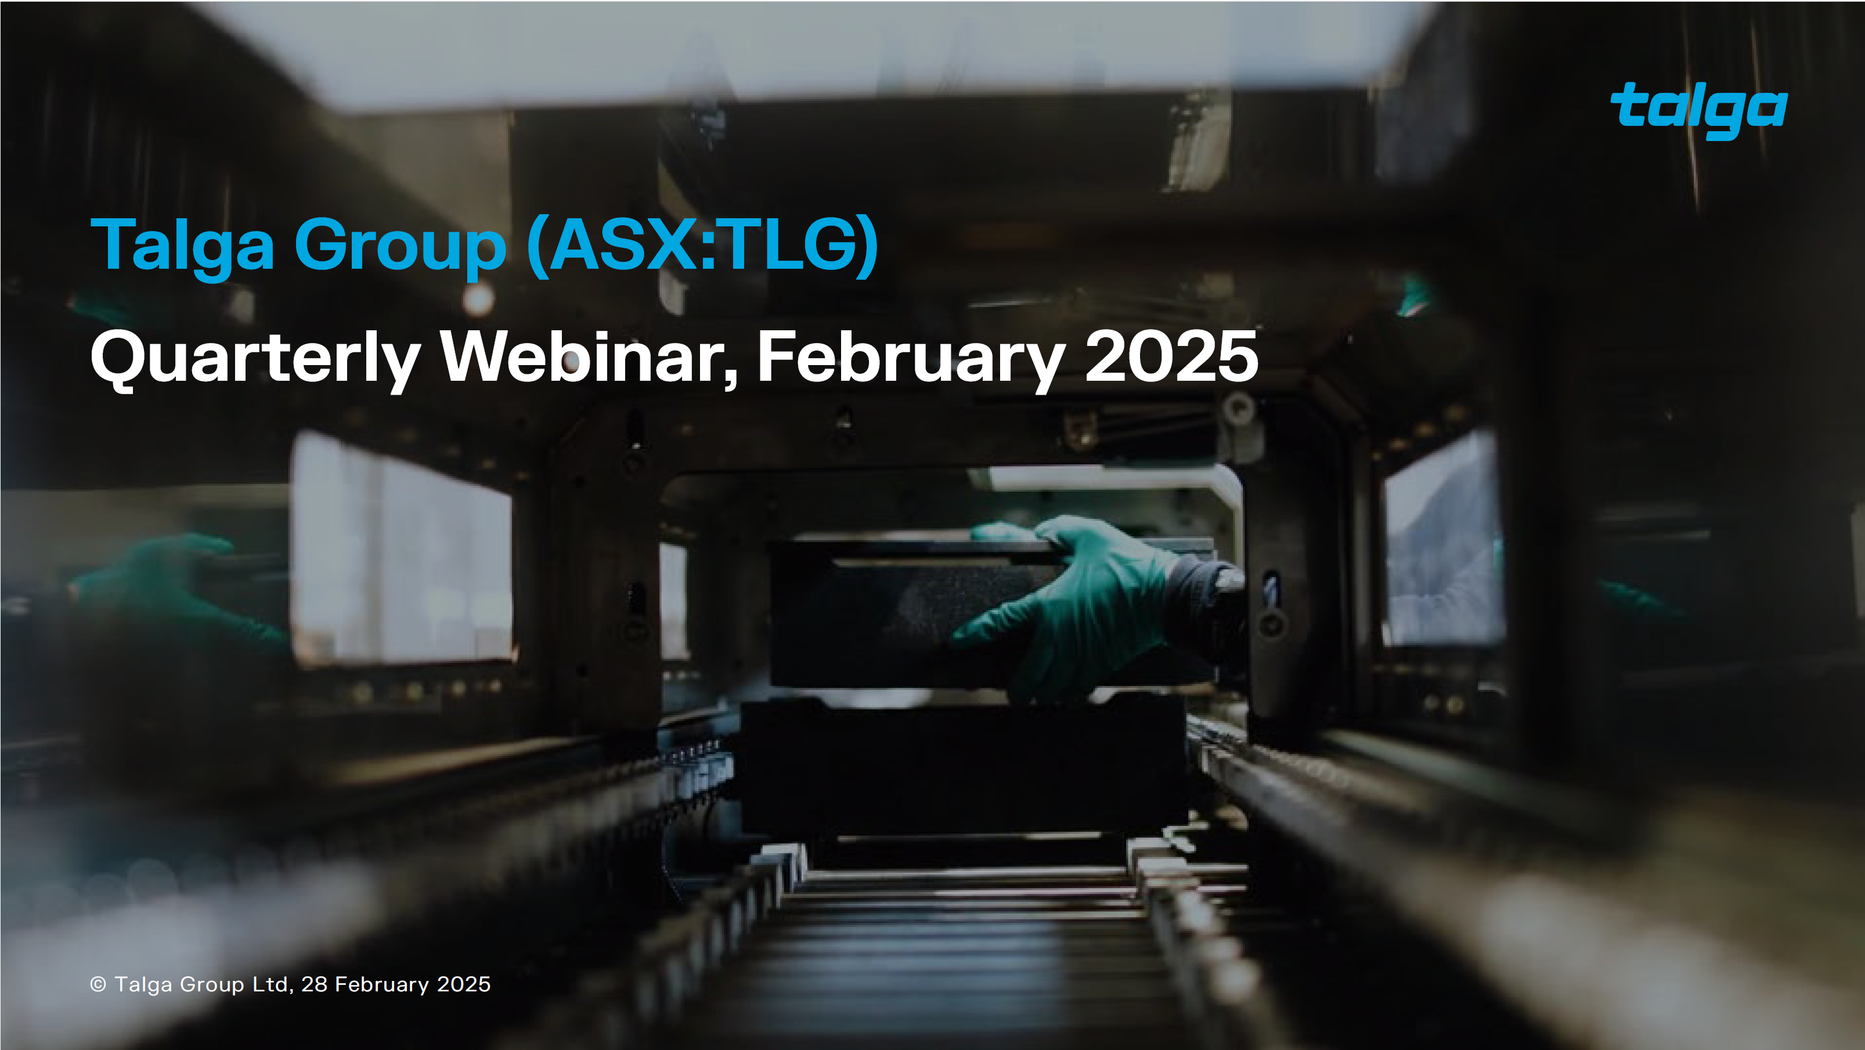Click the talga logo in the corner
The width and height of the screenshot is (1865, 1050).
pyautogui.click(x=1698, y=110)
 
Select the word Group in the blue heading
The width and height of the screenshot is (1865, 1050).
pyautogui.click(x=399, y=246)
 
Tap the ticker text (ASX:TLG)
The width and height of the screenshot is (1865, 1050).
pyautogui.click(x=702, y=246)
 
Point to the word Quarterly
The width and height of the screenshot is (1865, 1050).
pyautogui.click(x=255, y=358)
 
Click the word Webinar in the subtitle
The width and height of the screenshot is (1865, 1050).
pyautogui.click(x=588, y=356)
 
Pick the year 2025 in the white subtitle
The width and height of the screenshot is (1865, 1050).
pyautogui.click(x=1171, y=356)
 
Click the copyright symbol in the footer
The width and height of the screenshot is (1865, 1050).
pyautogui.click(x=98, y=984)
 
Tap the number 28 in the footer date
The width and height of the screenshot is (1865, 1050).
pyautogui.click(x=314, y=984)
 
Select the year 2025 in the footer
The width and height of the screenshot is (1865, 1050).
pyautogui.click(x=463, y=984)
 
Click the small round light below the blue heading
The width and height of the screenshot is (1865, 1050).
pyautogui.click(x=478, y=298)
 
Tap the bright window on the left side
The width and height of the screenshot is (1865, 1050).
pyautogui.click(x=402, y=550)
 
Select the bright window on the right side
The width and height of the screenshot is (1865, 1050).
pyautogui.click(x=1441, y=543)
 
